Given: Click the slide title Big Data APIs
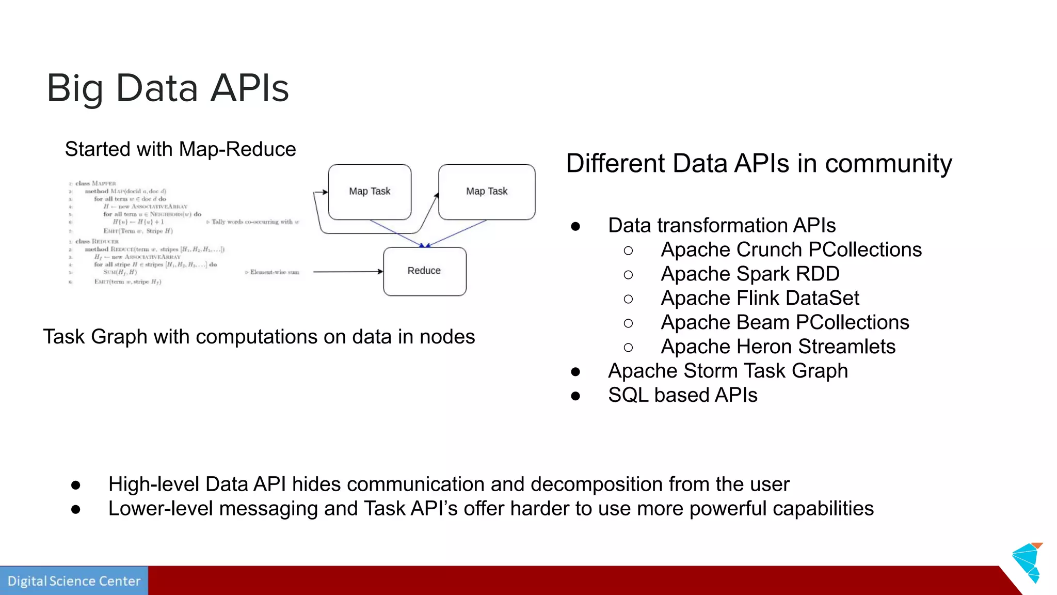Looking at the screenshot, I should click(167, 88).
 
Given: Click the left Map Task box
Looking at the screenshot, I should click(370, 192).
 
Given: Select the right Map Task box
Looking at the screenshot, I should click(486, 192).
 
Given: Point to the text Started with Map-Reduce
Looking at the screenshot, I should click(180, 149).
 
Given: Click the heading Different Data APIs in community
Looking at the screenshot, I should click(759, 163).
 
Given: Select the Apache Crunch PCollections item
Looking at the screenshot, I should click(791, 249).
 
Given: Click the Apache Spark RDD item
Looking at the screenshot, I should click(750, 274).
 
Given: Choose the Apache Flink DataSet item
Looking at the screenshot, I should click(760, 298).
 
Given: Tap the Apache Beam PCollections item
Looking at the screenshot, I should click(784, 322).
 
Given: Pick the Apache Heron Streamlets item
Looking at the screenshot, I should click(778, 347).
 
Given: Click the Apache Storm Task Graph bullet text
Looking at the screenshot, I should click(728, 371).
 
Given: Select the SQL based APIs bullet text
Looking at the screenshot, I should click(682, 395).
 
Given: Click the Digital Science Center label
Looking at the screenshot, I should click(74, 581).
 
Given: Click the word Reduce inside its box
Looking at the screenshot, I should click(424, 271).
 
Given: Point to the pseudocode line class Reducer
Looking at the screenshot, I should click(97, 241).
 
